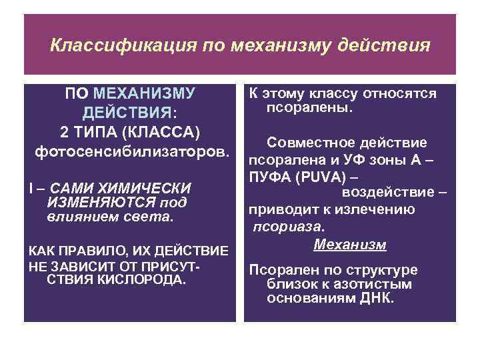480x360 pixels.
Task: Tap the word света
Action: click(x=152, y=217)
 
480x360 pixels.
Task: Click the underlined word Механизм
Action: click(x=349, y=244)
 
